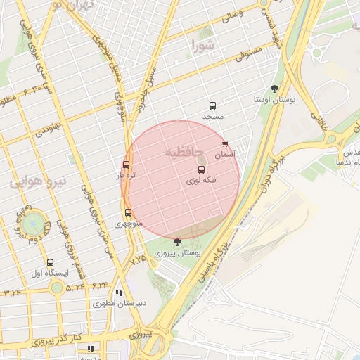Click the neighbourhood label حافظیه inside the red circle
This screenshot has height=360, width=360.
pyautogui.click(x=184, y=151)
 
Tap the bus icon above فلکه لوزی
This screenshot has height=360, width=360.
pyautogui.click(x=201, y=170)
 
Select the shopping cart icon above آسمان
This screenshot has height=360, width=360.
pyautogui.click(x=224, y=144)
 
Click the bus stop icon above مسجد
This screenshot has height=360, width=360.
pyautogui.click(x=212, y=105)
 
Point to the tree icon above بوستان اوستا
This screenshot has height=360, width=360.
pyautogui.click(x=274, y=89)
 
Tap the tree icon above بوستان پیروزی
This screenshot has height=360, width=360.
pyautogui.click(x=176, y=242)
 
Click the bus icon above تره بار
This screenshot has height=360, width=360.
pyautogui.click(x=126, y=165)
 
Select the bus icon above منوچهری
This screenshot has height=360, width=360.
pyautogui.click(x=128, y=212)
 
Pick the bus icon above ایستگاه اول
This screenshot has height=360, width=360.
pyautogui.click(x=50, y=262)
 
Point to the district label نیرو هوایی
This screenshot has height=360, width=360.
pyautogui.click(x=38, y=181)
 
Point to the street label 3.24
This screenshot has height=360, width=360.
pyautogui.click(x=12, y=292)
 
